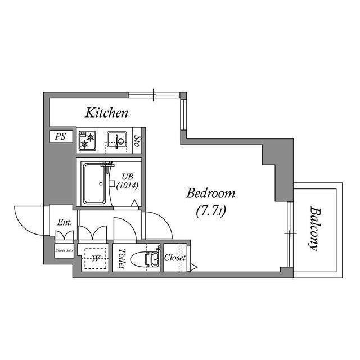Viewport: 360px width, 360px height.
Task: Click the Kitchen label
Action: pyautogui.click(x=106, y=113)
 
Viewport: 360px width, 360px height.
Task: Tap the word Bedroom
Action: pyautogui.click(x=210, y=193)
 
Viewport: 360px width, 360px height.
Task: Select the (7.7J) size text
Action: pyautogui.click(x=211, y=211)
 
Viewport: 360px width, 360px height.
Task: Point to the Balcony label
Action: pyautogui.click(x=314, y=229)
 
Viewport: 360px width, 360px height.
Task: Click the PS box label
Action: pyautogui.click(x=60, y=136)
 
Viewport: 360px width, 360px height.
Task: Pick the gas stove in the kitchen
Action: pyautogui.click(x=87, y=141)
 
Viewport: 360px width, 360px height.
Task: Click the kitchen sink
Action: pyautogui.click(x=117, y=139)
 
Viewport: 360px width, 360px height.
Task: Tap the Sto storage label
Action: pyautogui.click(x=137, y=141)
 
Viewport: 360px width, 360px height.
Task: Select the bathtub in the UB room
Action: pyautogui.click(x=95, y=184)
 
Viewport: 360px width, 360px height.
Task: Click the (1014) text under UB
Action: pyautogui.click(x=127, y=186)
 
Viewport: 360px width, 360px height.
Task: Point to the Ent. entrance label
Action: pyautogui.click(x=65, y=222)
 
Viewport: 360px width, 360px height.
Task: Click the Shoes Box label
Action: pyautogui.click(x=64, y=250)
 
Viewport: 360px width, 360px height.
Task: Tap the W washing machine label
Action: pyautogui.click(x=96, y=259)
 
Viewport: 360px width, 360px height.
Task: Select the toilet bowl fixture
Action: pyautogui.click(x=145, y=259)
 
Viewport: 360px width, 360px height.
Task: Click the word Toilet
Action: pyautogui.click(x=121, y=259)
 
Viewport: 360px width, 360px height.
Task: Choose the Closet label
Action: pyautogui.click(x=175, y=258)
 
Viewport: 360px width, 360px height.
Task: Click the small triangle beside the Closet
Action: pyautogui.click(x=194, y=267)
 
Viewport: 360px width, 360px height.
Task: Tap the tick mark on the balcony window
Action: pyautogui.click(x=290, y=233)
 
